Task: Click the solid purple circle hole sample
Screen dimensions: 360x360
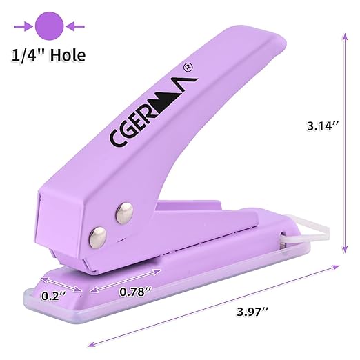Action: point(49,26)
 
